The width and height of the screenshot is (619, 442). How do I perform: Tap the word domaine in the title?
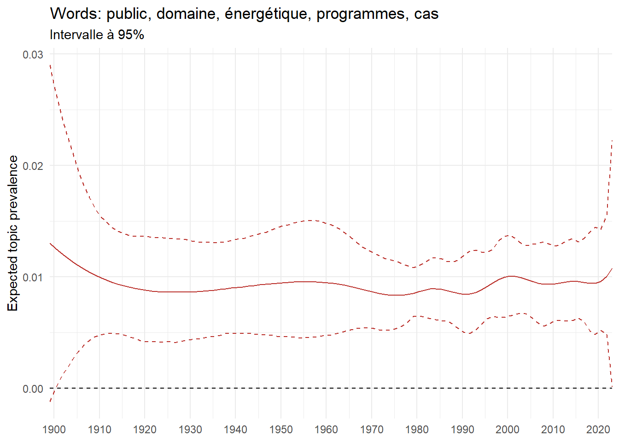(189, 14)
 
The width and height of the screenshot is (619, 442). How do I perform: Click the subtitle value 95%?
(131, 35)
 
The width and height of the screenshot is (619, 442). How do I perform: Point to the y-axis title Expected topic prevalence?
(13, 233)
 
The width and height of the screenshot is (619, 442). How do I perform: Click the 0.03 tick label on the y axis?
(33, 54)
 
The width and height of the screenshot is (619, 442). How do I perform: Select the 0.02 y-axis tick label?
(33, 166)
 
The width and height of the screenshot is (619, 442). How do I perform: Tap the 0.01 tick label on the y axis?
(33, 277)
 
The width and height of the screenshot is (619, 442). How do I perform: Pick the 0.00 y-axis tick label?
(33, 389)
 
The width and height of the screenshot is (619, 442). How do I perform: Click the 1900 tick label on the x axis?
(54, 430)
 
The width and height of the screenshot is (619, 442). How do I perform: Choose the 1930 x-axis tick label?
(190, 430)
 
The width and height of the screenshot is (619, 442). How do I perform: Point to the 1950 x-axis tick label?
(281, 430)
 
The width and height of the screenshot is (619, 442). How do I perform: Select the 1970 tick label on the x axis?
(372, 430)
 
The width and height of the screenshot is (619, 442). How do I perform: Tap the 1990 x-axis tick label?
(462, 430)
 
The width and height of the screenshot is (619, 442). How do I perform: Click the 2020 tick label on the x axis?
(598, 430)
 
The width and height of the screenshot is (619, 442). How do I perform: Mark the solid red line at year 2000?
(508, 276)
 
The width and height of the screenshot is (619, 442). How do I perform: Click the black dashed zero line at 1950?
(281, 388)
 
